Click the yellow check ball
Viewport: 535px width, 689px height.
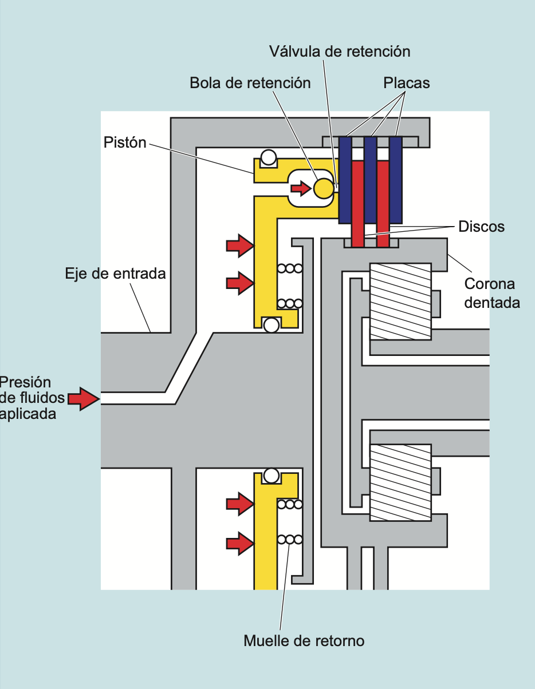323,188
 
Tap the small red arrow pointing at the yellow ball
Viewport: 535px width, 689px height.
301,188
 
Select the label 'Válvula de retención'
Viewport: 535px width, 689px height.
340,52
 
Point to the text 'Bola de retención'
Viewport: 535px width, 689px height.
250,83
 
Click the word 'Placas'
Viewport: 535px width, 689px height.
406,83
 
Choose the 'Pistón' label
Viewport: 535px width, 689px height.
125,142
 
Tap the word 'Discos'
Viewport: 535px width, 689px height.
481,227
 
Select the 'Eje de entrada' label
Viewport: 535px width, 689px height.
115,274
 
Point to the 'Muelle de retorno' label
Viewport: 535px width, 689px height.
304,640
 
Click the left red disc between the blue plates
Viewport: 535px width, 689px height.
358,200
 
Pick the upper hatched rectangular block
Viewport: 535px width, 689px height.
400,301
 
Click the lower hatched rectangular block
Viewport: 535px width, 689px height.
400,482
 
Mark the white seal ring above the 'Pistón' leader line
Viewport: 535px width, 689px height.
268,157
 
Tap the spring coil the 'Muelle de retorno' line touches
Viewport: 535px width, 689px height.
289,539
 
